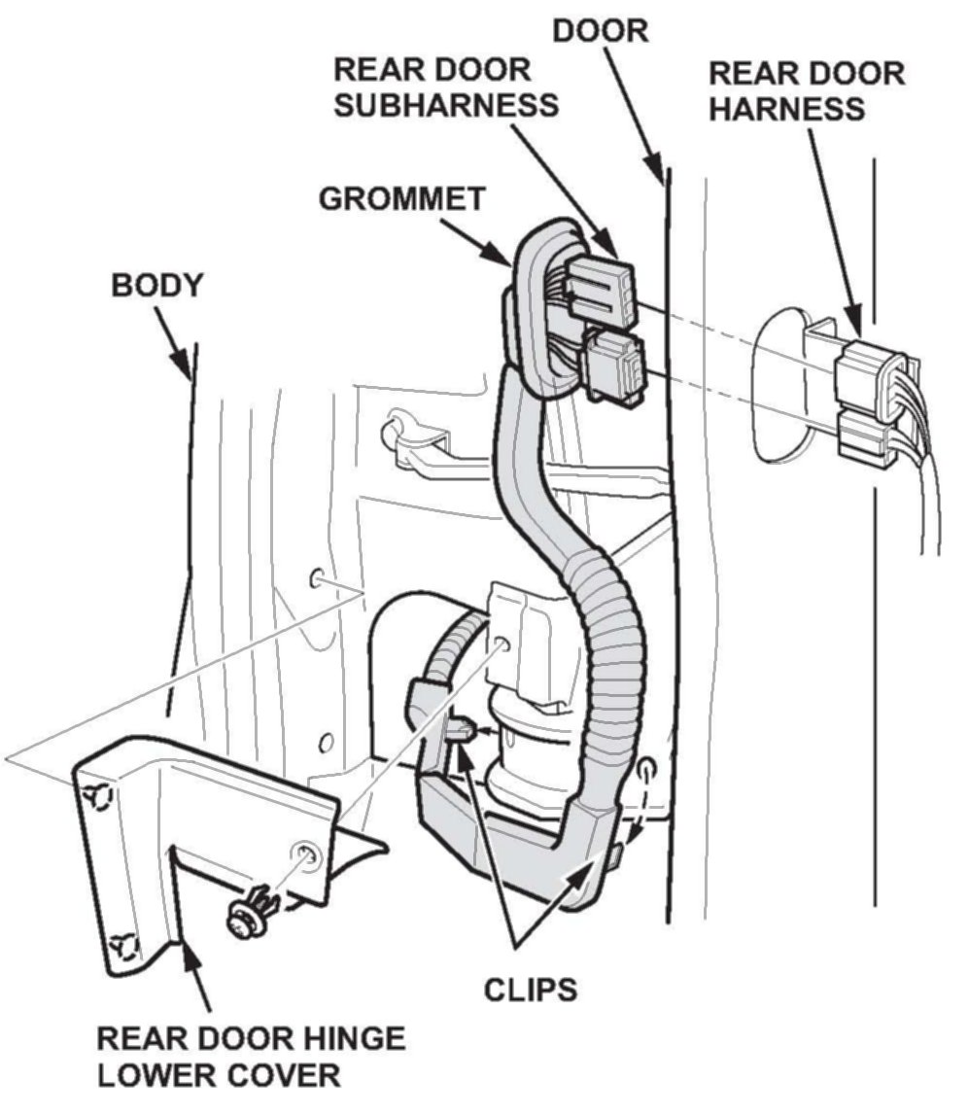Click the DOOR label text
(x=600, y=29)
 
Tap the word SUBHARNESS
(x=446, y=105)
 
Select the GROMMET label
(x=401, y=199)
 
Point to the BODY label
(x=157, y=286)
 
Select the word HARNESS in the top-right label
(x=786, y=107)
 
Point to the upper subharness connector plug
(x=600, y=287)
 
